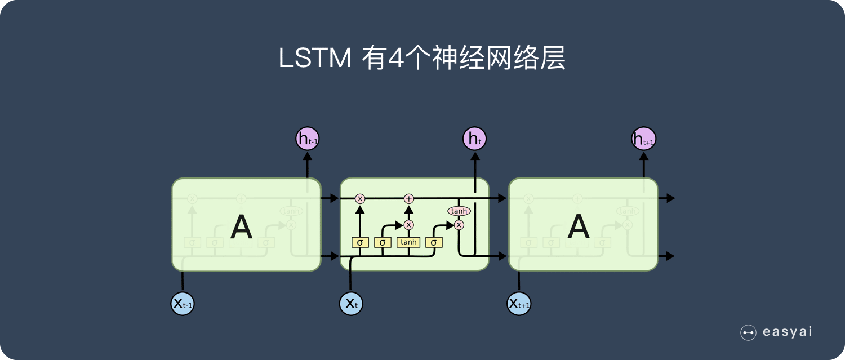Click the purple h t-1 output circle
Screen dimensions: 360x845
pos(308,139)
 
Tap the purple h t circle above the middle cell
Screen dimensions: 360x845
pos(474,139)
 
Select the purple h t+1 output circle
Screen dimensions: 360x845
pos(643,139)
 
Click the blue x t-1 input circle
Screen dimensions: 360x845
pos(183,304)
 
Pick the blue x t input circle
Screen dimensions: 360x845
pos(351,304)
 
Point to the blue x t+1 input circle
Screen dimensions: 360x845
pos(519,304)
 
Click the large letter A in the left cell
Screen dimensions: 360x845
pos(241,226)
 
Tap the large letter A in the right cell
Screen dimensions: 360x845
pos(578,226)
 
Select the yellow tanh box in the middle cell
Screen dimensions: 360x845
pos(408,242)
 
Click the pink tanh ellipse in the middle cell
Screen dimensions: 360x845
pos(459,211)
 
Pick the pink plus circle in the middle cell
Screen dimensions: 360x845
pos(409,198)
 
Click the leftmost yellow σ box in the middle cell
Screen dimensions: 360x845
pos(360,242)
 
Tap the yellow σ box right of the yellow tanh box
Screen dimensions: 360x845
pos(433,242)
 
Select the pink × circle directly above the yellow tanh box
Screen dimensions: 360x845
pos(409,225)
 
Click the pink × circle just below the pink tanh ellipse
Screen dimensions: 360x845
pos(459,225)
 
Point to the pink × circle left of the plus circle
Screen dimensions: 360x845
pos(360,198)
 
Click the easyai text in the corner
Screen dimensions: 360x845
pos(787,332)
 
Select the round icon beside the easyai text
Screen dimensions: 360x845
pos(748,332)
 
